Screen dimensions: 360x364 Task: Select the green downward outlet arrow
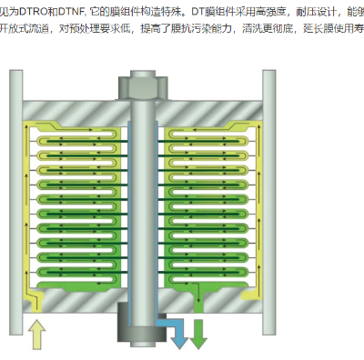pyautogui.click(x=197, y=335)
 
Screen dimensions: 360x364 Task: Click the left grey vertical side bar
pyautogui.click(x=15, y=200)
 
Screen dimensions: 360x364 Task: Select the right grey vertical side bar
pyautogui.click(x=269, y=200)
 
